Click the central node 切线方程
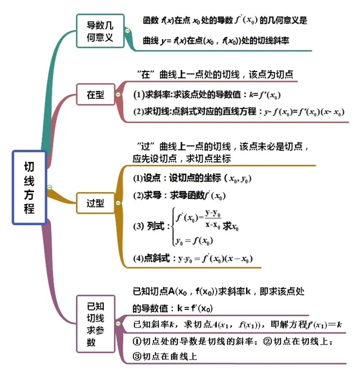tap(29, 187)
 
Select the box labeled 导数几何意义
tap(100, 32)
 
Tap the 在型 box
tap(95, 94)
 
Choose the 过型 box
tap(95, 203)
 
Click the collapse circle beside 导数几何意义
tap(127, 31)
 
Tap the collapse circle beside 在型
tap(118, 95)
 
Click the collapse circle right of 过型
tap(118, 203)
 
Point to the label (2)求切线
tap(151, 111)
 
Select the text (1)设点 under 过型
tap(148, 178)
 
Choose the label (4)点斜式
tap(151, 259)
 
